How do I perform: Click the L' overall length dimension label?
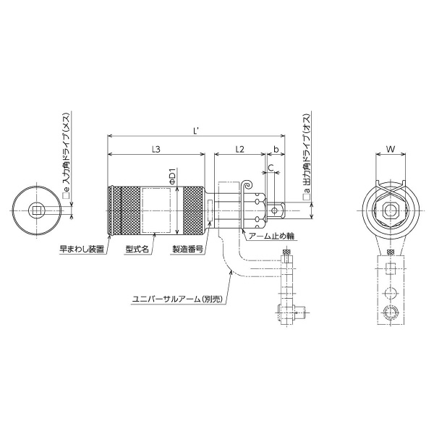tap(196, 130)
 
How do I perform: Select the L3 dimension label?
tap(156, 149)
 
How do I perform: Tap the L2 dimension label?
tap(240, 149)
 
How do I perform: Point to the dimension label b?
tap(275, 149)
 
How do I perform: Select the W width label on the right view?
tap(390, 149)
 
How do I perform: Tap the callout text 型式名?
tap(136, 247)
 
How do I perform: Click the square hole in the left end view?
tap(35, 210)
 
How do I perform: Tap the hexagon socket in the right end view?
tap(390, 210)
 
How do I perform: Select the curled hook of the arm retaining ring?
tap(247, 187)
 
